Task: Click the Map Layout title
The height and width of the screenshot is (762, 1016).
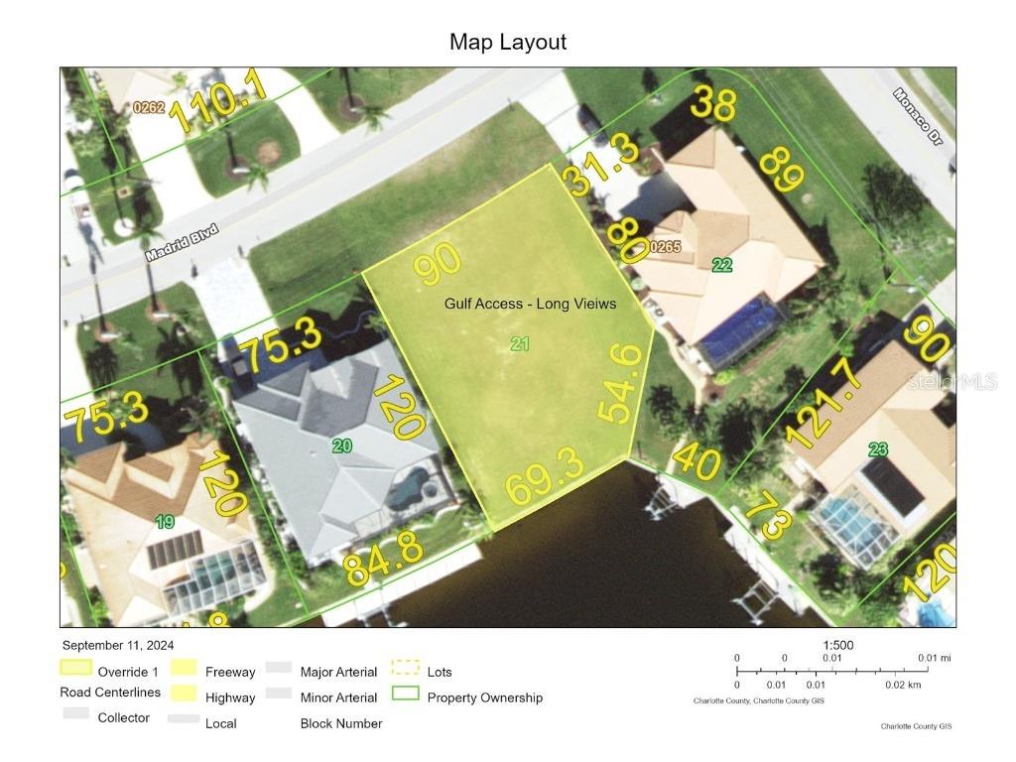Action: click(508, 42)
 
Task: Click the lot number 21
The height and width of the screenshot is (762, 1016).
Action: click(520, 344)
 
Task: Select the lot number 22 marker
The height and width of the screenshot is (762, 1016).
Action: click(721, 265)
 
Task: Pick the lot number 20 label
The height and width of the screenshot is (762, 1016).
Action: click(341, 446)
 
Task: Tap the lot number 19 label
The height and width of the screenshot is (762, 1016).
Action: click(165, 521)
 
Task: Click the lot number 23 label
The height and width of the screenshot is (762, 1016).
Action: click(878, 449)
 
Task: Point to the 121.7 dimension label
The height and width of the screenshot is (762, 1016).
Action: click(821, 404)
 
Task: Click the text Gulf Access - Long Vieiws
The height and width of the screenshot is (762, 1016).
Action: click(530, 304)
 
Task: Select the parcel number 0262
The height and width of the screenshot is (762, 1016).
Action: click(149, 107)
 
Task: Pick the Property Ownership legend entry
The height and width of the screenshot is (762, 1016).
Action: click(484, 698)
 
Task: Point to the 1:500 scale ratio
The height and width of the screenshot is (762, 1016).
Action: click(838, 645)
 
